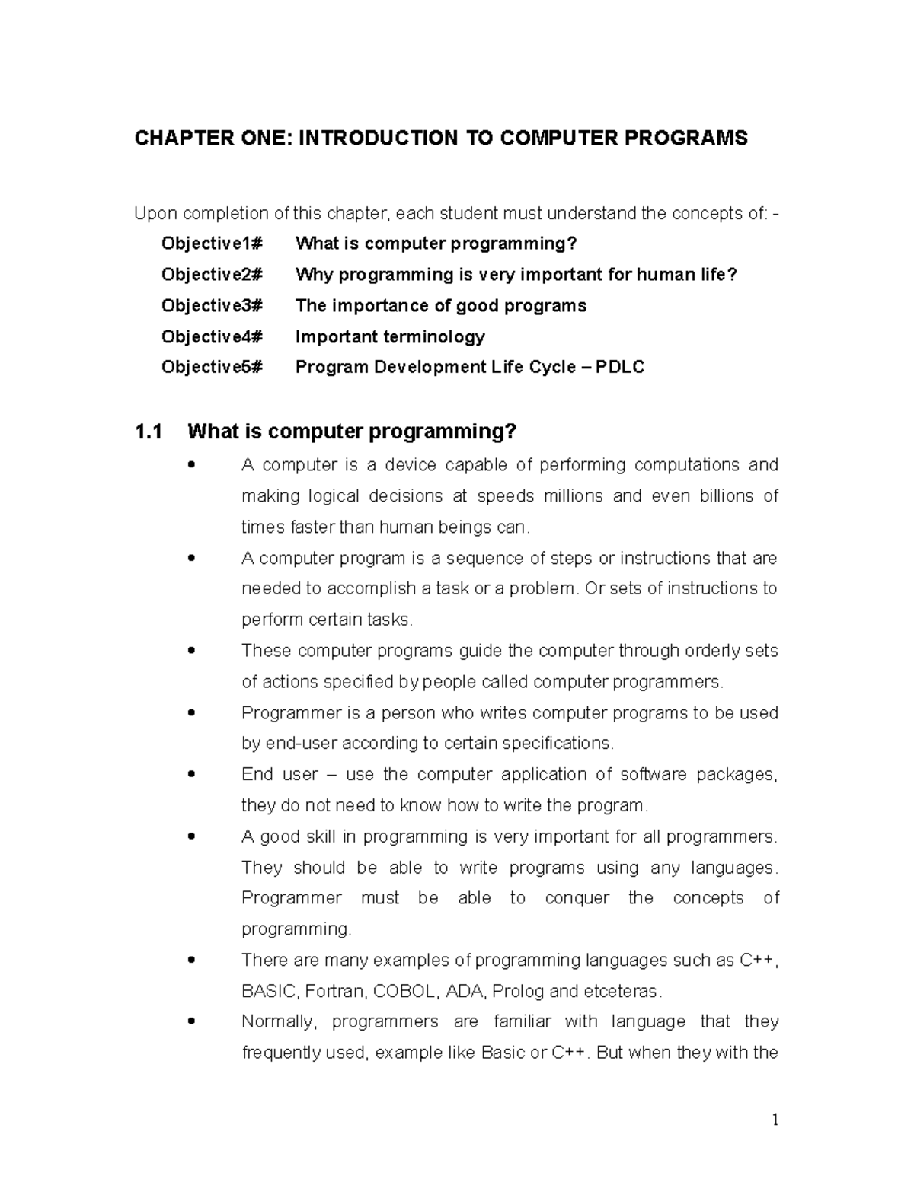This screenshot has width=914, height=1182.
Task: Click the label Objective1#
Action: (x=211, y=244)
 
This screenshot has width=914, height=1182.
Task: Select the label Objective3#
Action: (x=211, y=306)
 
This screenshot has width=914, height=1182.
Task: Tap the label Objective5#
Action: (x=211, y=368)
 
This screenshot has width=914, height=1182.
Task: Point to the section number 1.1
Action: (x=149, y=432)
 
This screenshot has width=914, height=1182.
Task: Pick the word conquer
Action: (x=577, y=898)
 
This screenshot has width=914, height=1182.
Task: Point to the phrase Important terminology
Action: (x=390, y=336)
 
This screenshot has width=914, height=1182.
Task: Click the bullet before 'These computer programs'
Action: (x=191, y=651)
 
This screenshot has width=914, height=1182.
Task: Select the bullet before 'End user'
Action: (x=191, y=774)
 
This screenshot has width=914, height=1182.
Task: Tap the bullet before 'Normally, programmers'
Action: (x=191, y=1021)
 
